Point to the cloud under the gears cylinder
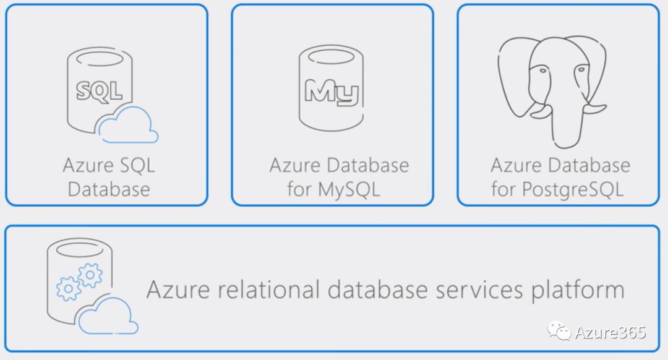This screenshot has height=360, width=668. (x=109, y=316)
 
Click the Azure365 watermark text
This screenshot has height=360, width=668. (x=610, y=332)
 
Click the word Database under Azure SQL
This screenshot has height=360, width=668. (x=109, y=189)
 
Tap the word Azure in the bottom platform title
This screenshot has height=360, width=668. (x=173, y=289)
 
